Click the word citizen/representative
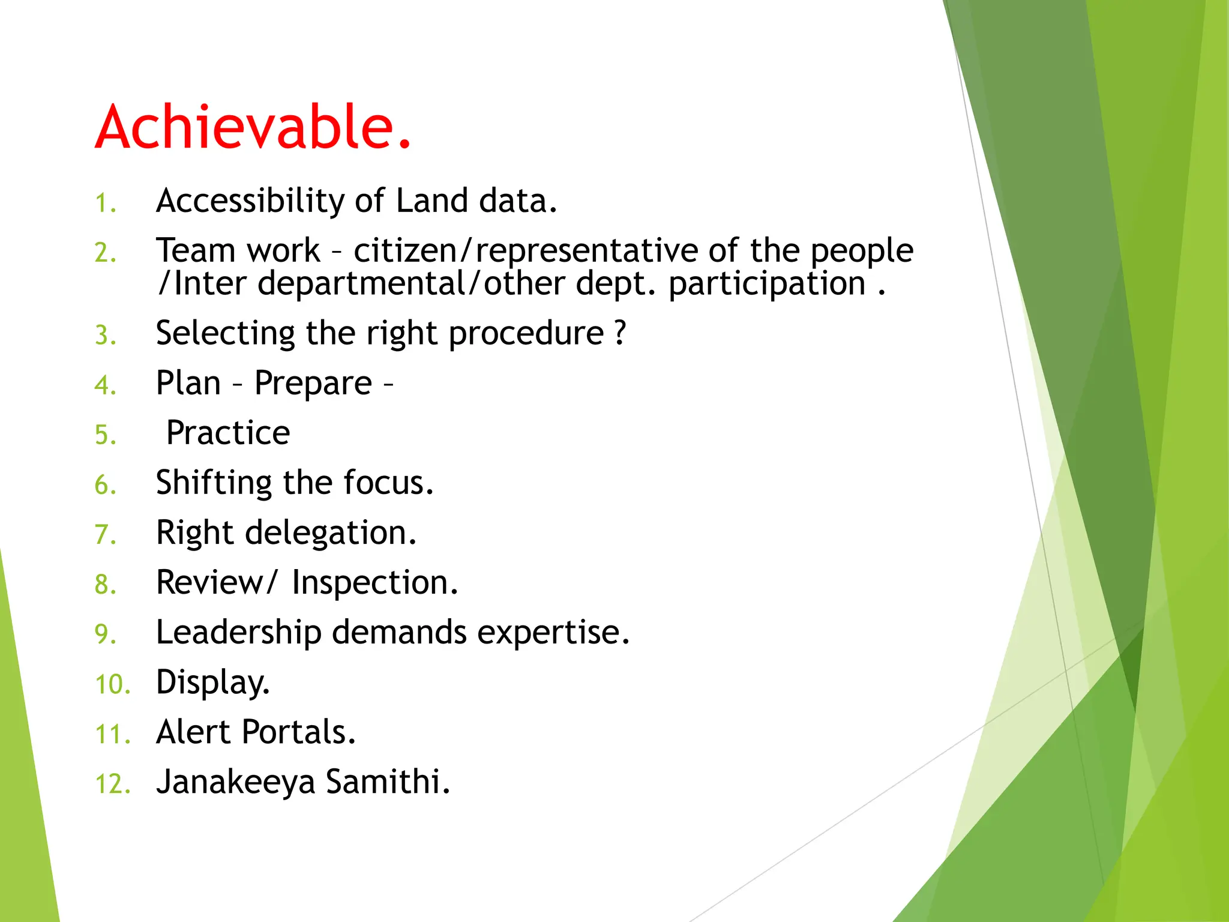(x=525, y=251)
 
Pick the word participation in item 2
(x=766, y=284)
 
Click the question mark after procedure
(x=621, y=333)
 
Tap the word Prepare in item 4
(x=313, y=384)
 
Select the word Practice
(x=228, y=433)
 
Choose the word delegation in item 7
(x=329, y=533)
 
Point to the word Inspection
(x=374, y=583)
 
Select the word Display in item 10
(x=212, y=683)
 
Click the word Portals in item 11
(x=298, y=732)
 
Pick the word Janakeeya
(x=235, y=783)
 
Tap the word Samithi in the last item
(x=387, y=782)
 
